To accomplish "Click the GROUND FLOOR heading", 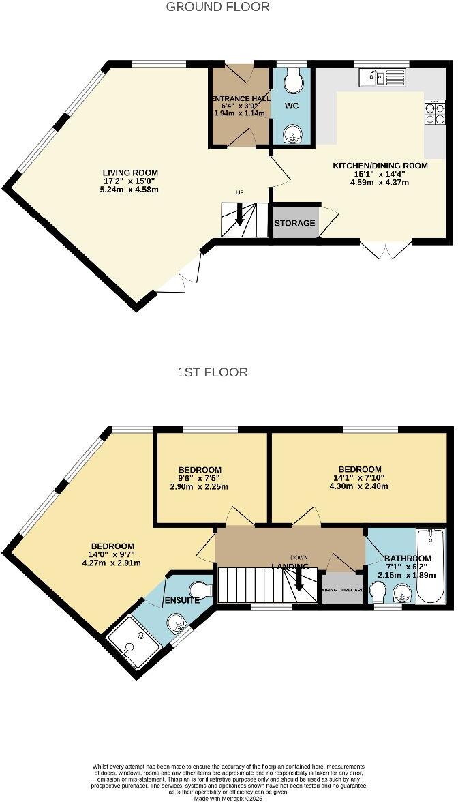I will tap(218, 7).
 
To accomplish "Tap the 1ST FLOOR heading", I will tap(213, 372).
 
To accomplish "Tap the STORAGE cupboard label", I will tap(295, 223).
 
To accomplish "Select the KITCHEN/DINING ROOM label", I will tap(380, 166).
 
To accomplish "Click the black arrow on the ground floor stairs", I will tap(239, 216).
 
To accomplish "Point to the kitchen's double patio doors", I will tap(386, 250).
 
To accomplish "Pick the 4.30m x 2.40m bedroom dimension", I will tap(359, 486).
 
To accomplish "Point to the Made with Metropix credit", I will tap(229, 797).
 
